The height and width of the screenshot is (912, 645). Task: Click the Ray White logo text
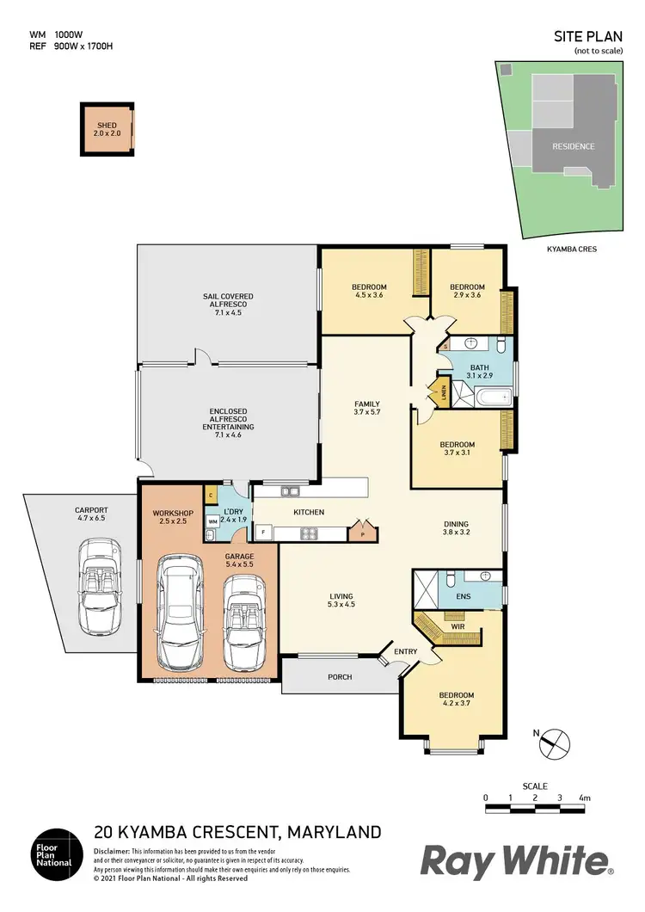point(514,861)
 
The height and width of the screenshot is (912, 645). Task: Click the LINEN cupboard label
point(444,392)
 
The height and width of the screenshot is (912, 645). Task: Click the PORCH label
point(340,677)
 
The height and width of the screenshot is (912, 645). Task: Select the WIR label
point(458,627)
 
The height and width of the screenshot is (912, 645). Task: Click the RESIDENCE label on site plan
point(573,146)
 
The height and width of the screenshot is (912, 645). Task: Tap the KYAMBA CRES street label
point(572,250)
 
